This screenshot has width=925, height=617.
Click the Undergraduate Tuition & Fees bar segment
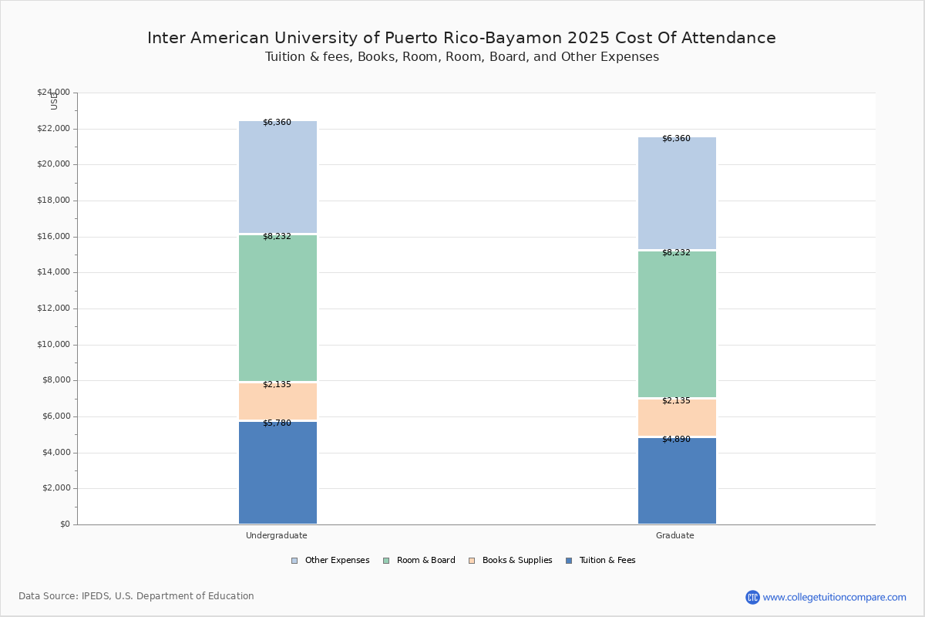[277, 473]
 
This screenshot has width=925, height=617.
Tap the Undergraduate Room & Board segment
[277, 308]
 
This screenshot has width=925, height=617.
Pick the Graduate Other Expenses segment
[677, 193]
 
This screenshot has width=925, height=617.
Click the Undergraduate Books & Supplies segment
[277, 402]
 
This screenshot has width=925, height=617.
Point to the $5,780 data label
[277, 423]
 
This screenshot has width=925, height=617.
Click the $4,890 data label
[676, 439]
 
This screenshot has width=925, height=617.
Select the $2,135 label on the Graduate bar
[676, 400]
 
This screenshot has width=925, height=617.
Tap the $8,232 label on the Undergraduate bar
[277, 236]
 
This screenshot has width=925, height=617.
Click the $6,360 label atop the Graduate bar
[676, 138]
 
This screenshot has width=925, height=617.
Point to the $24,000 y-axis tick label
[53, 93]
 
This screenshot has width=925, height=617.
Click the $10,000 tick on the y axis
[53, 345]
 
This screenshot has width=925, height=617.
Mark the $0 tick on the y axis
[64, 524]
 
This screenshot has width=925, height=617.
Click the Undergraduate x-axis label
[277, 535]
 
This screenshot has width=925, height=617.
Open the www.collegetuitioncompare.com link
[834, 597]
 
